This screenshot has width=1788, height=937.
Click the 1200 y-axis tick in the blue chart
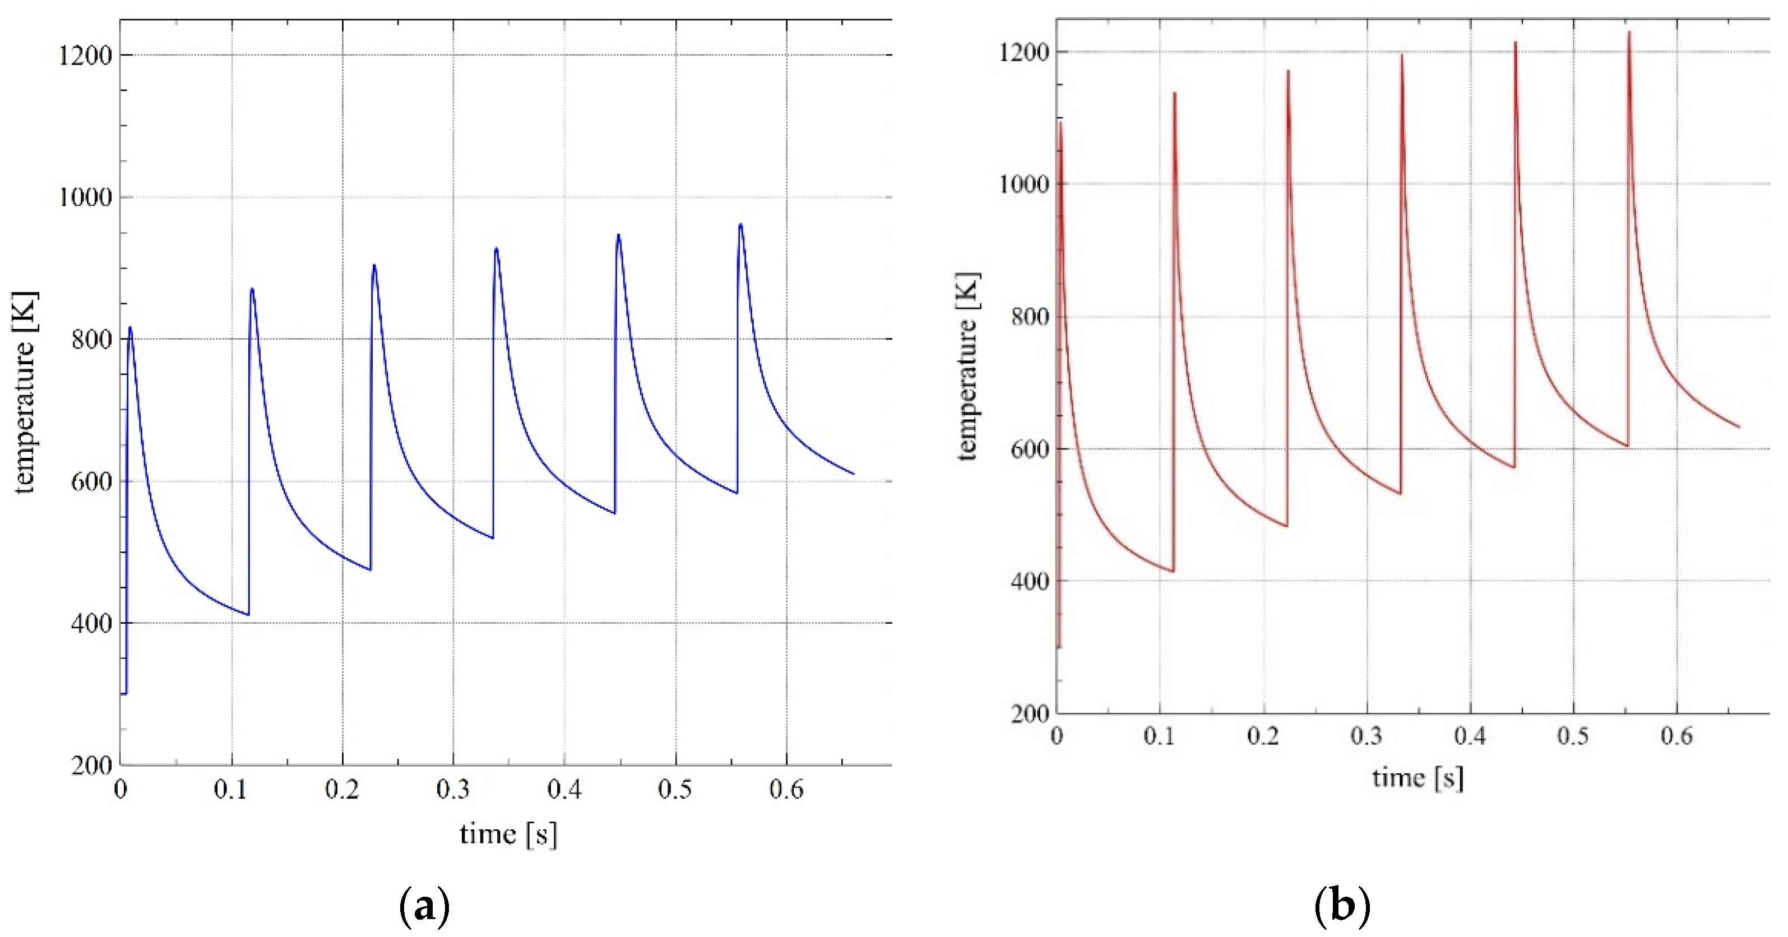click(85, 55)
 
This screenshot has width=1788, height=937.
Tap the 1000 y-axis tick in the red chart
click(1023, 184)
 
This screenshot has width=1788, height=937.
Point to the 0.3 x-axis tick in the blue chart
click(453, 790)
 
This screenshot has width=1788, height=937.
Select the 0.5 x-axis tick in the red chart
click(1573, 736)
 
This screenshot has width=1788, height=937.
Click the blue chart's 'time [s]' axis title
click(508, 833)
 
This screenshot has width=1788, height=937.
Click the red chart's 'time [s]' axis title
click(1418, 778)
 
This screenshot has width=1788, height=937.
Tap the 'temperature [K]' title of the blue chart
click(25, 392)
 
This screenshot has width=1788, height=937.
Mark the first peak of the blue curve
click(130, 328)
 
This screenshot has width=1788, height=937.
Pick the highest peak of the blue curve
click(740, 224)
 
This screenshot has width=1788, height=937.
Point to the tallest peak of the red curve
click(1629, 32)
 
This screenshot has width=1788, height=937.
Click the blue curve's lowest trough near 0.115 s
click(248, 614)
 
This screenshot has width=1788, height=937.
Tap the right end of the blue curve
click(853, 474)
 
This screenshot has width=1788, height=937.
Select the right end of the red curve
click(1739, 427)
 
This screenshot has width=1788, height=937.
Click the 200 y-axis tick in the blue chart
click(91, 766)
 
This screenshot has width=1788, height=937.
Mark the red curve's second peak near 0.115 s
click(1174, 93)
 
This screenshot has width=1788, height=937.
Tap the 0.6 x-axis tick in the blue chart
click(786, 790)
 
